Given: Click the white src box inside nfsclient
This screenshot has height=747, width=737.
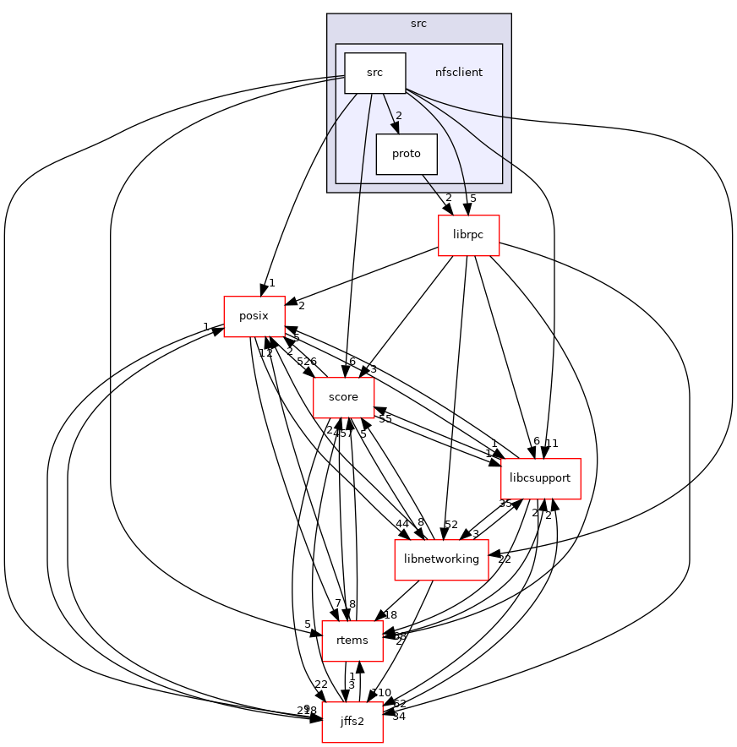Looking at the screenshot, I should coord(374,73).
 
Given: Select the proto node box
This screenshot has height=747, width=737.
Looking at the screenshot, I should coord(407,154).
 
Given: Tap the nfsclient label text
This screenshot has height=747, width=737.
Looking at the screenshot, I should coord(458,73).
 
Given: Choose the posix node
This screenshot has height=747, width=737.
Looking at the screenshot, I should coord(254,316).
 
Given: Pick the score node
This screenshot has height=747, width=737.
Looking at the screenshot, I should coord(343,397).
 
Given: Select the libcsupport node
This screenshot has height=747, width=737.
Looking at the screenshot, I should coord(541,478).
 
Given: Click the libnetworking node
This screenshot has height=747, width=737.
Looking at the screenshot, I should coord(441,559).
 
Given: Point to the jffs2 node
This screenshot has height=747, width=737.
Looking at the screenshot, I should coord(352,722).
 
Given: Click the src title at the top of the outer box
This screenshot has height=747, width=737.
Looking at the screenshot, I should coord(418,24).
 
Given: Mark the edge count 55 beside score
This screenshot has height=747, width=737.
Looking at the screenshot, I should coord(385,418).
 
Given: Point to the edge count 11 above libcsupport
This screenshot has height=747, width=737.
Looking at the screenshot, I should coord(552,443).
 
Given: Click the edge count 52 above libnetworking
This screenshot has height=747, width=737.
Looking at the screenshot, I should coord(450,525).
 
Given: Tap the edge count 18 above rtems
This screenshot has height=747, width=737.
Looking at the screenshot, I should coord(390,614).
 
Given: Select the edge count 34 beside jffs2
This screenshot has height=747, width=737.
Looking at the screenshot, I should coord(399,717).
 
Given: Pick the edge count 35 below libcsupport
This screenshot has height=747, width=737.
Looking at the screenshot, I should coord(505,504).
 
